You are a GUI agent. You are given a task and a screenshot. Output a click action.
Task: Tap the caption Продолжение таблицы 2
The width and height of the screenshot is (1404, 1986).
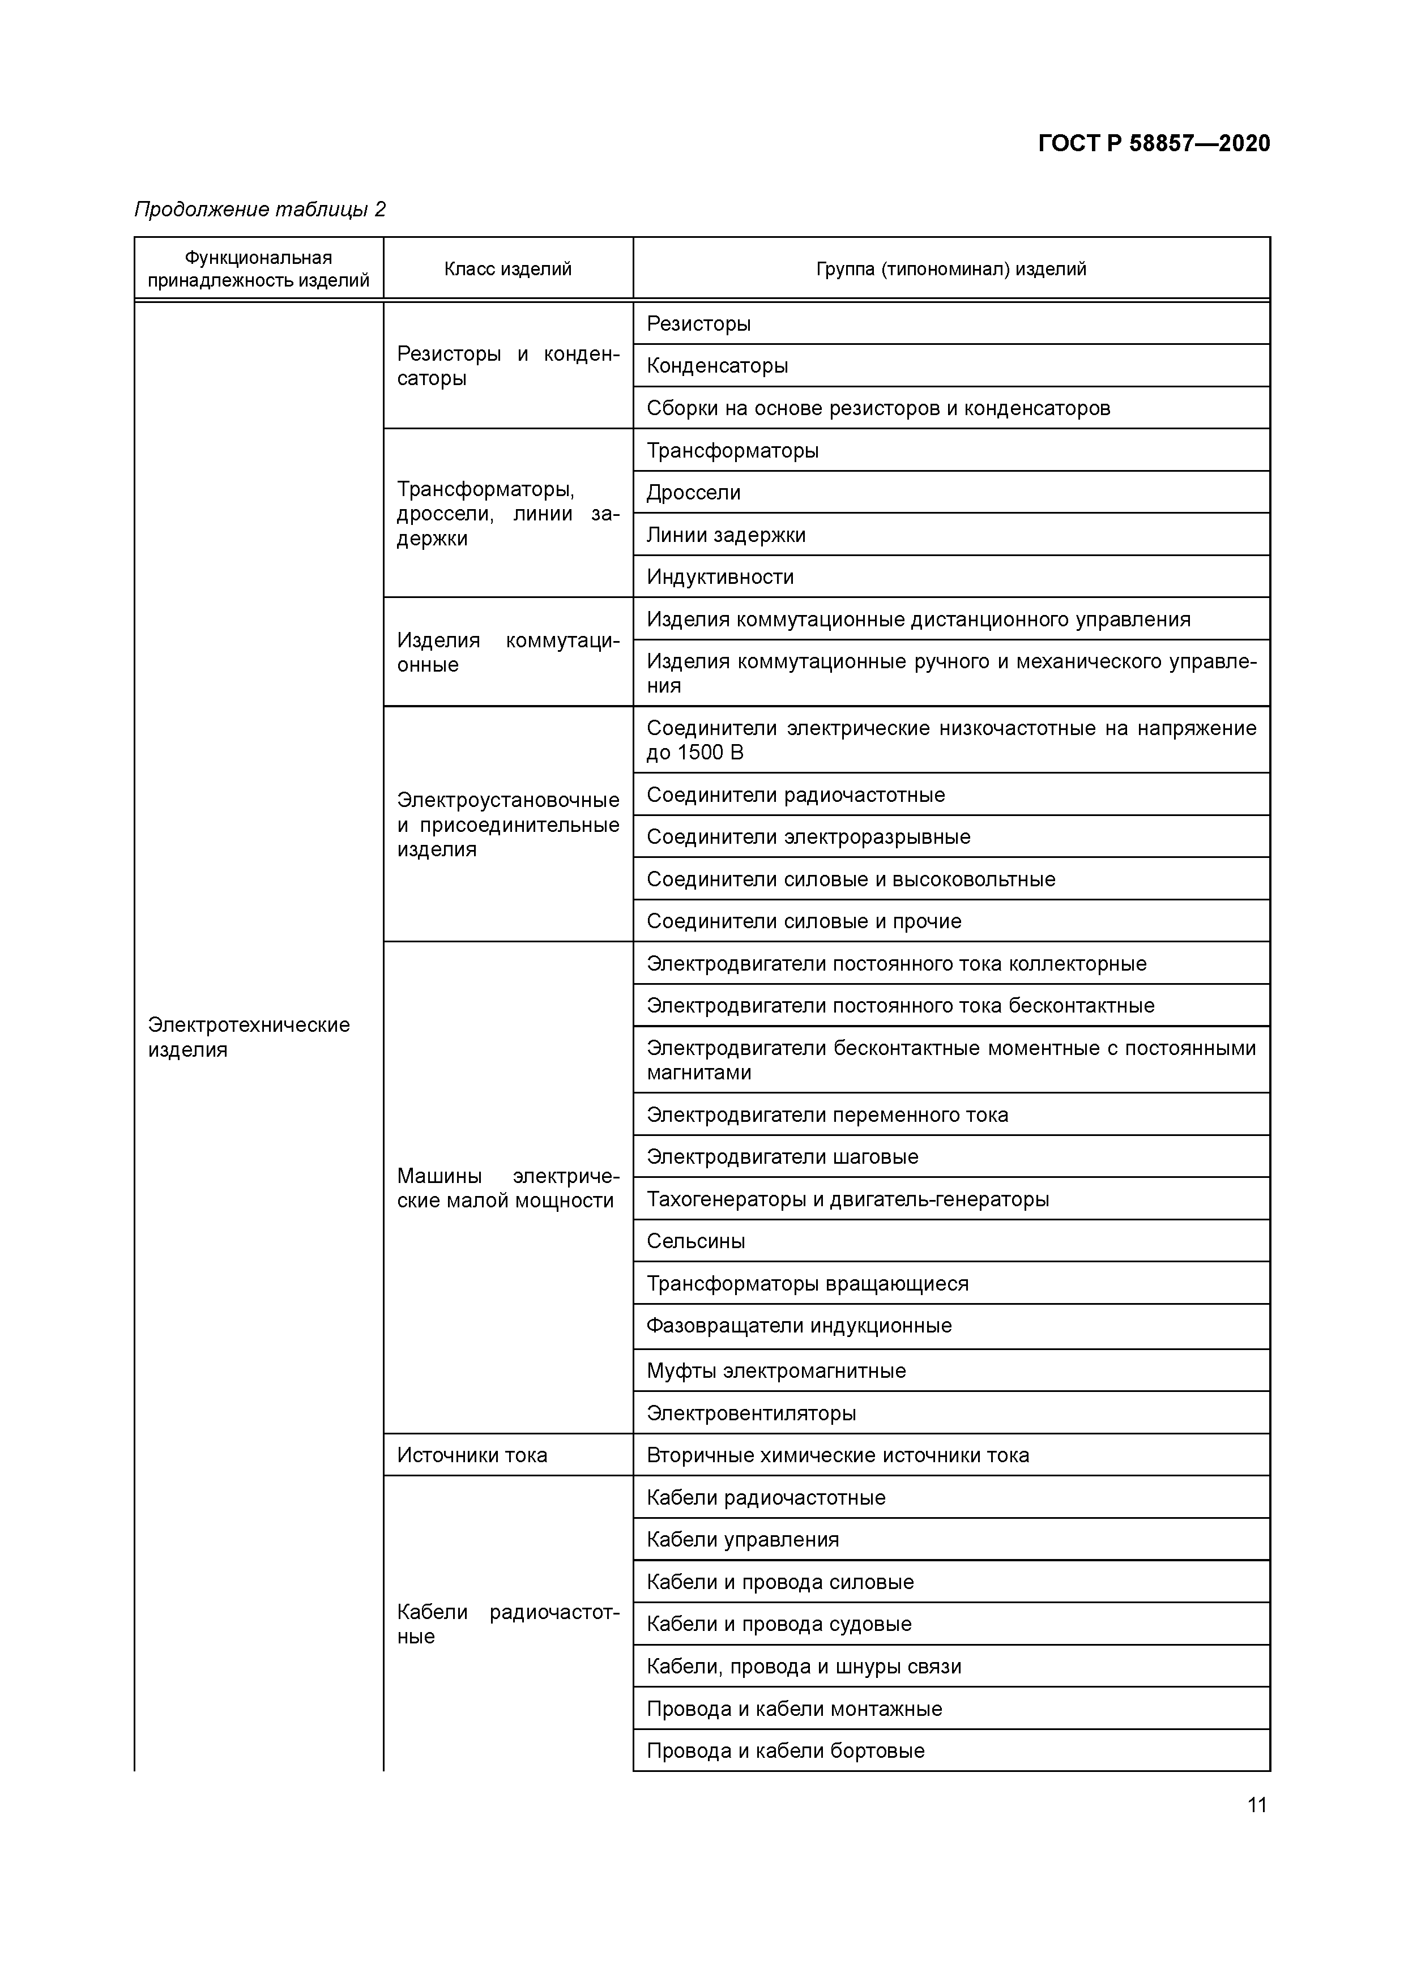pos(259,210)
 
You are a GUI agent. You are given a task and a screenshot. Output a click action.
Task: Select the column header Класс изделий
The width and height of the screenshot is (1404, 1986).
pos(508,269)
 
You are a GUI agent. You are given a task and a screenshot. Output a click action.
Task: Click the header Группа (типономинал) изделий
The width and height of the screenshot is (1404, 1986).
pos(951,269)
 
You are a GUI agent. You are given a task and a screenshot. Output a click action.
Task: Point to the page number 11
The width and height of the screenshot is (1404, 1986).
pos(1257,1804)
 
